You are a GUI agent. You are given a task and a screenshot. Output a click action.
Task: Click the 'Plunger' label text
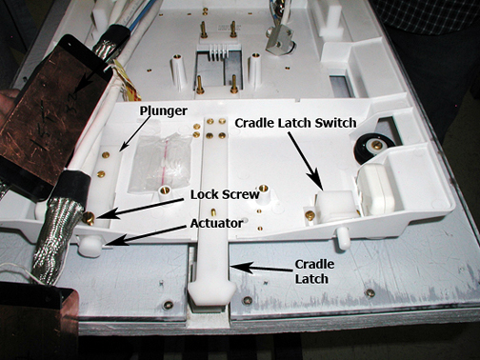[x=164, y=111]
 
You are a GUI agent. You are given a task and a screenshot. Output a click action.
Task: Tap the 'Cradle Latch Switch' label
[x=295, y=123]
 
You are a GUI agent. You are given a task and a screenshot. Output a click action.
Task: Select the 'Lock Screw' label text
[x=225, y=194]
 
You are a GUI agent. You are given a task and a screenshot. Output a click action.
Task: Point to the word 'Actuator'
[x=216, y=224]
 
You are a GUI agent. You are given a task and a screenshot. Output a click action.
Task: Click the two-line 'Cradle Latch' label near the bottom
[x=314, y=271]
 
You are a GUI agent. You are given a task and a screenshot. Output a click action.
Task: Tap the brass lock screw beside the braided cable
[x=89, y=218]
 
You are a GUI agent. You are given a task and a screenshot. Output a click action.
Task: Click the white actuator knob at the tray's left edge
[x=90, y=247]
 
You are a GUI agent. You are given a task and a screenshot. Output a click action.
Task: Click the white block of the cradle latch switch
[x=336, y=205]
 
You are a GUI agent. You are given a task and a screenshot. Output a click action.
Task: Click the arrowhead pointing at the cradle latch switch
[x=316, y=182]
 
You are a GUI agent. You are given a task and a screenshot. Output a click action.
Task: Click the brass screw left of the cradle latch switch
[x=310, y=215]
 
